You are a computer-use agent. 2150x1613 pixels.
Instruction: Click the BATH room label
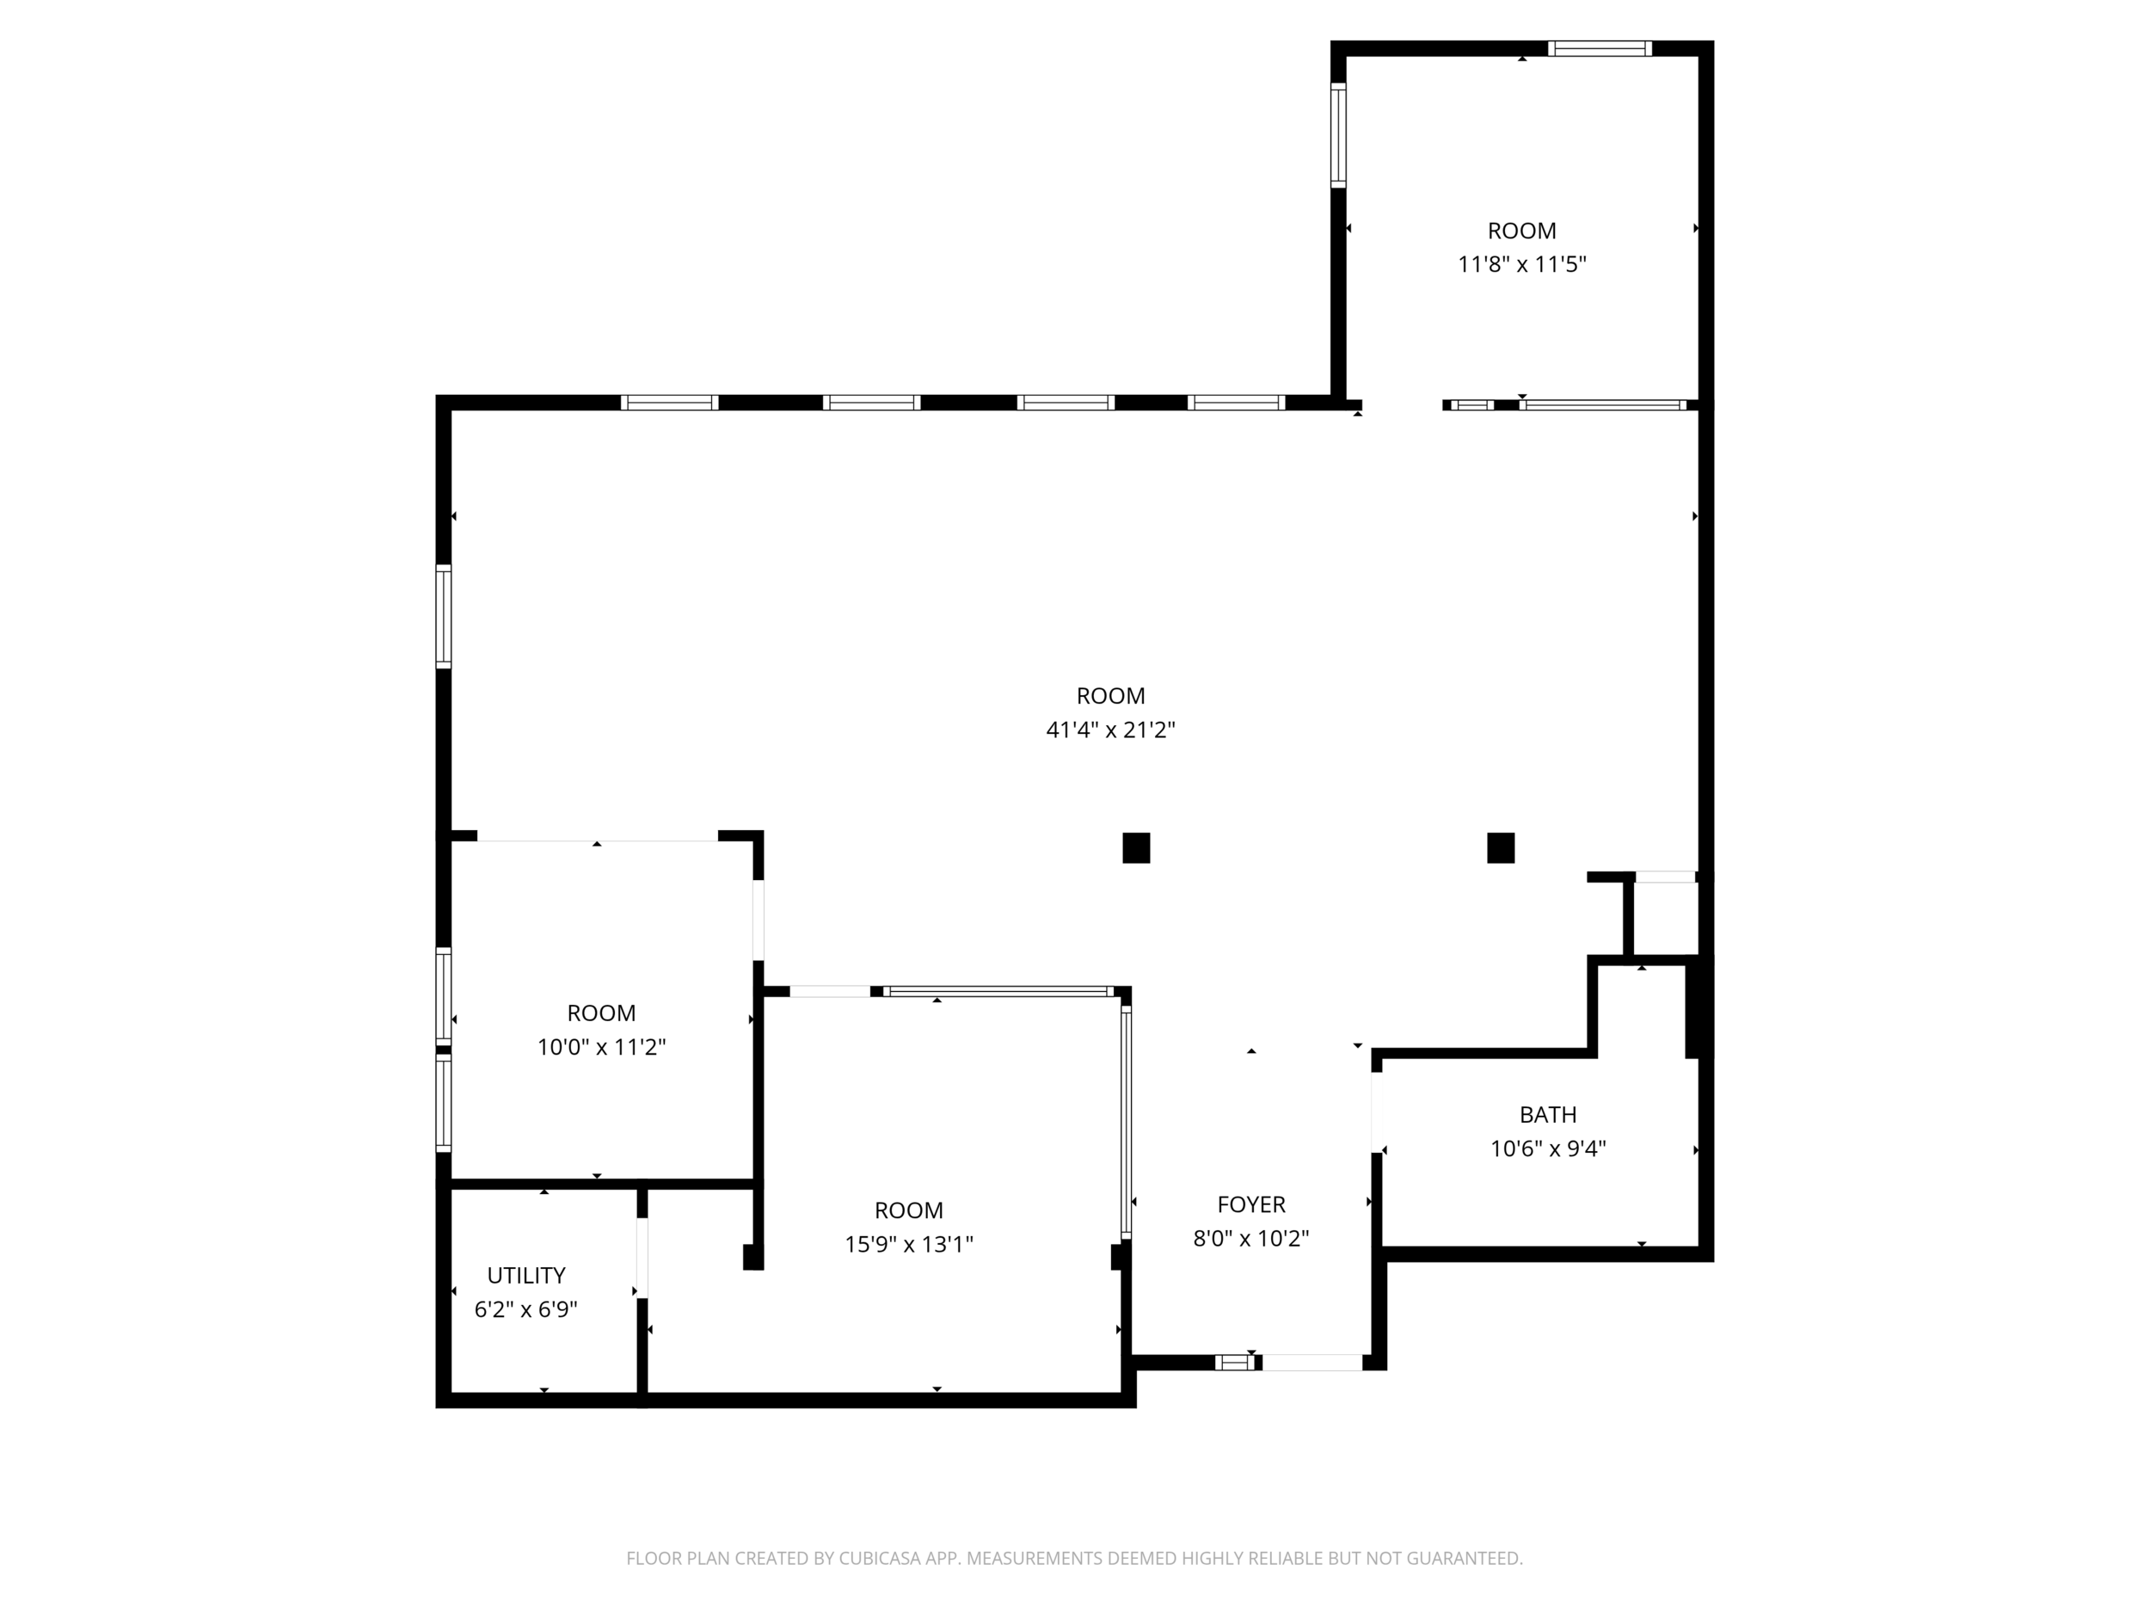point(1548,1115)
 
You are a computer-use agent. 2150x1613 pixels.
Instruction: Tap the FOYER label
point(1252,1204)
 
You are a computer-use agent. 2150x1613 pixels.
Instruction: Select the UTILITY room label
point(525,1276)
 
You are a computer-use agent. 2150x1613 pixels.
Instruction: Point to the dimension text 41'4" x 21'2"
point(1111,730)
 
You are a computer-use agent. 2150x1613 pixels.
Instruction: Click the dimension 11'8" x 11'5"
point(1522,264)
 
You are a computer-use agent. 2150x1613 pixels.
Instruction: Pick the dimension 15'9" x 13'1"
point(909,1245)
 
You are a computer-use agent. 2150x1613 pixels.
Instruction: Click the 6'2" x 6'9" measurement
point(525,1309)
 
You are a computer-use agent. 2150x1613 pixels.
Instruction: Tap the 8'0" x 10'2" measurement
point(1252,1239)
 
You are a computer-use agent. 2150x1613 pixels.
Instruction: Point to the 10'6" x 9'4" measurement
point(1548,1149)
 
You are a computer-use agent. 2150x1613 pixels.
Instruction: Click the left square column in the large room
point(1136,848)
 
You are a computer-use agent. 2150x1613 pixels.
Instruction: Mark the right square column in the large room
point(1501,848)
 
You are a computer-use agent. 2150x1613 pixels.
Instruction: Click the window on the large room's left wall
point(443,617)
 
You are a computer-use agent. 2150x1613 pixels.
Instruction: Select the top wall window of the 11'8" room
point(1600,49)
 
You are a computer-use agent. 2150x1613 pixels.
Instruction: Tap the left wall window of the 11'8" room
point(1338,135)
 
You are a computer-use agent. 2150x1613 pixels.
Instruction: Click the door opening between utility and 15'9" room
point(642,1257)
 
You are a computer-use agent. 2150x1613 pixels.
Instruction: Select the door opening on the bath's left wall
point(1377,1112)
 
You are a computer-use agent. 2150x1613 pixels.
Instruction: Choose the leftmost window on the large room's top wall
point(670,403)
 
